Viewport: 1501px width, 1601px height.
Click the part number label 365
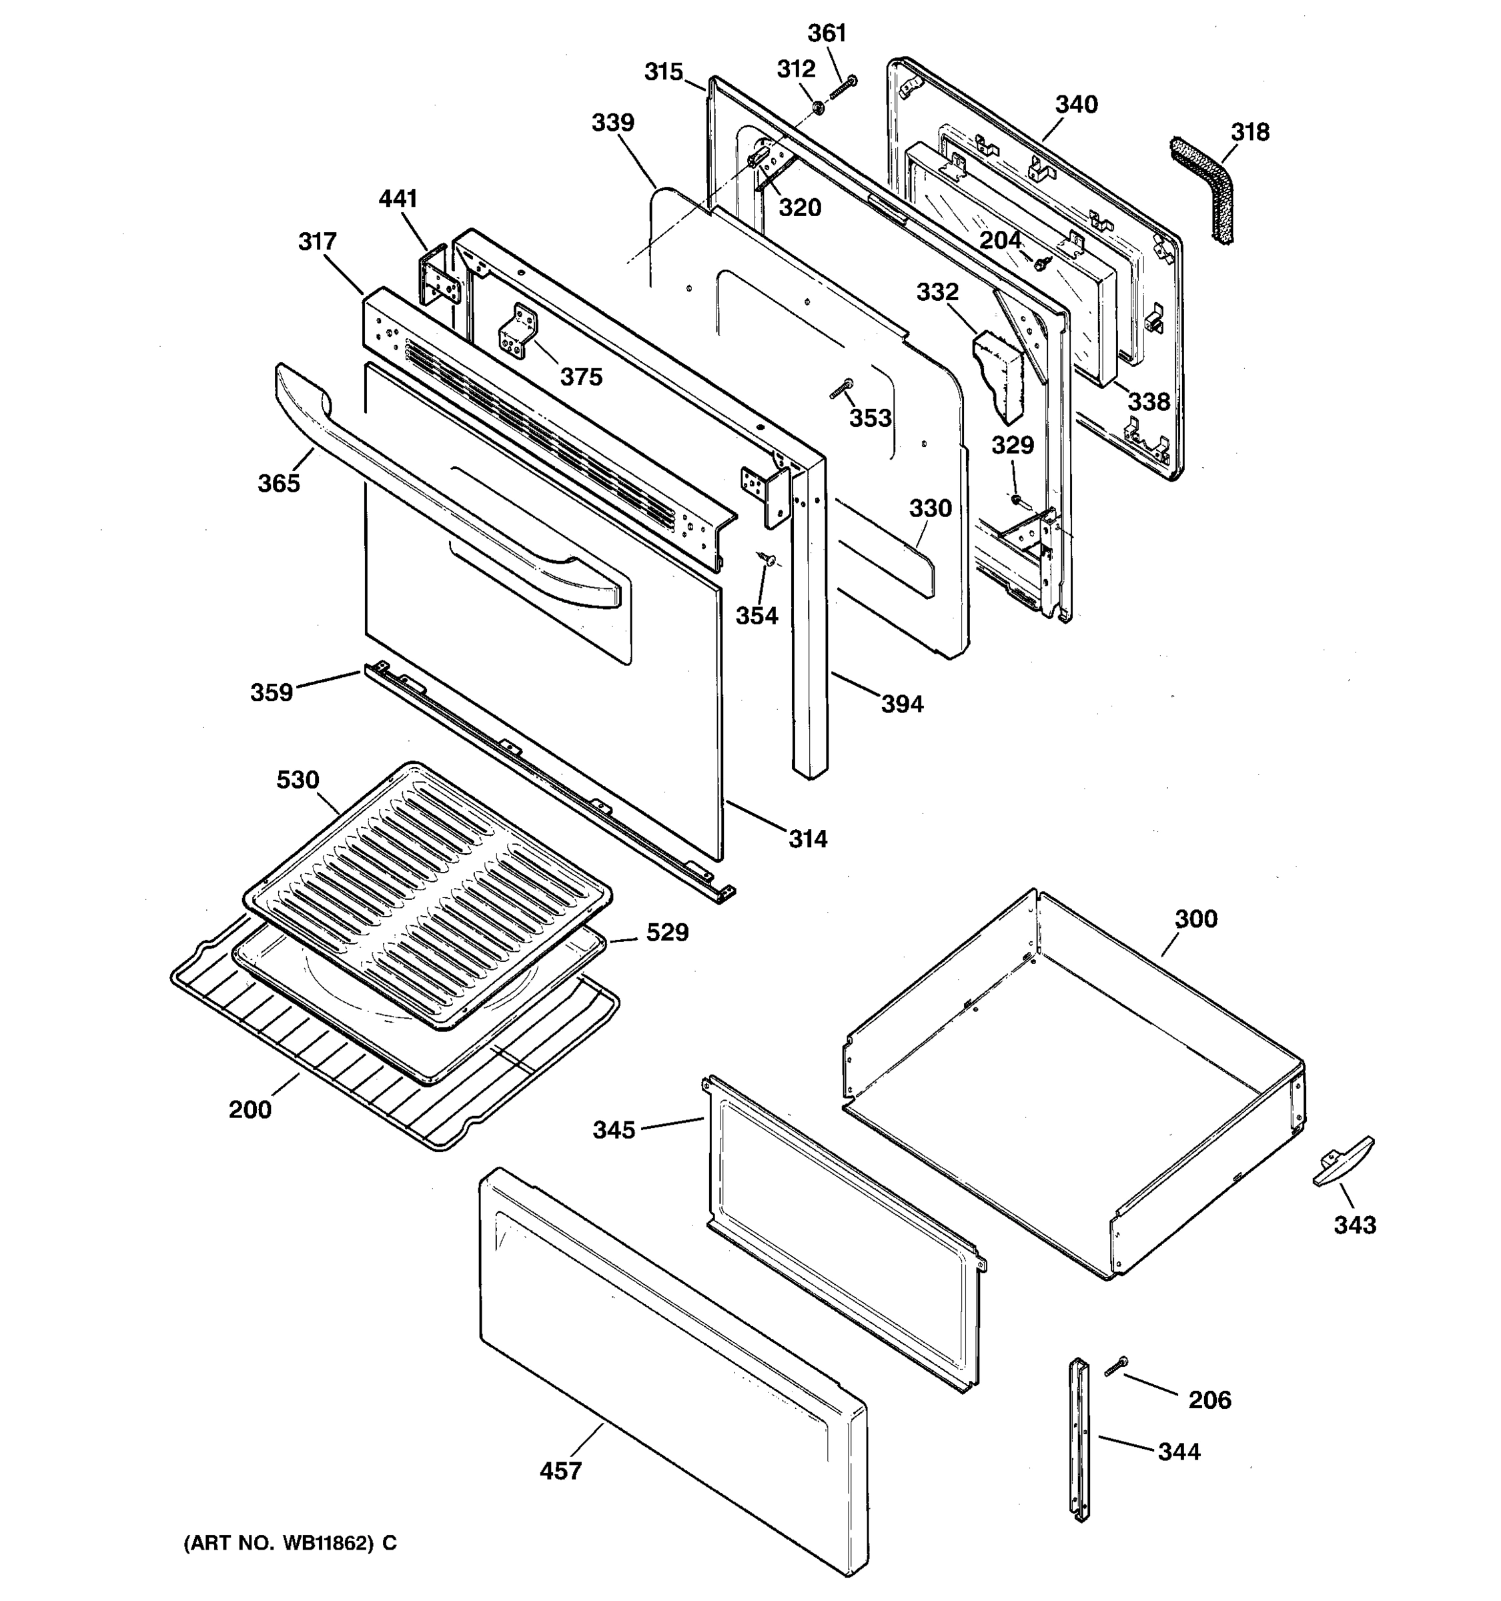(x=279, y=483)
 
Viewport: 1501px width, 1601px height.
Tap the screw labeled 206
(x=1116, y=1364)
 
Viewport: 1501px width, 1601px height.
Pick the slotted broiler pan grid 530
(x=427, y=894)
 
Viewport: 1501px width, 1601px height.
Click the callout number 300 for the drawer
(x=1196, y=919)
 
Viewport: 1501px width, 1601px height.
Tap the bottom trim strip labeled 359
(x=548, y=778)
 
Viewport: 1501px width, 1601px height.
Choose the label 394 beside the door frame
(x=902, y=704)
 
